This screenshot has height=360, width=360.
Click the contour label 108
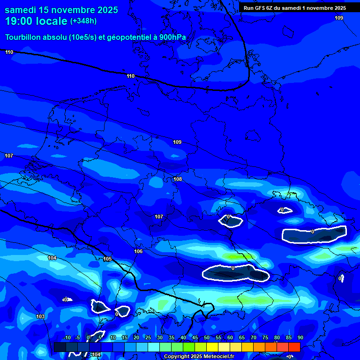click(x=178, y=179)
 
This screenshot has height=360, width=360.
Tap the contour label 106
click(x=138, y=252)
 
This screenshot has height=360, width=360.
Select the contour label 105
click(x=107, y=259)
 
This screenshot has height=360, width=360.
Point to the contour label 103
click(x=40, y=317)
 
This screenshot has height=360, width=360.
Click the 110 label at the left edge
click(x=9, y=52)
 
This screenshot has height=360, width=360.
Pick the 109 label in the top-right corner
click(x=339, y=18)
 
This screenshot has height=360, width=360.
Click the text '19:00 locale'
click(x=36, y=21)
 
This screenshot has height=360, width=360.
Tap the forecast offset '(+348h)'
click(x=83, y=21)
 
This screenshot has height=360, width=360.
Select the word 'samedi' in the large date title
click(x=22, y=10)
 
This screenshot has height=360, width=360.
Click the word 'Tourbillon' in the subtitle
click(x=23, y=37)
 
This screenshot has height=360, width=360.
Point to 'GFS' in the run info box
click(x=262, y=8)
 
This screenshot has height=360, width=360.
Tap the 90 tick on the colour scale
click(x=300, y=338)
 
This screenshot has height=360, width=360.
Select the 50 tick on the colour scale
click(x=207, y=338)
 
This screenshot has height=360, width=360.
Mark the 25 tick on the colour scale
click(x=148, y=338)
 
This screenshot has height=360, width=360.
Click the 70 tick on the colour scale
click(x=254, y=338)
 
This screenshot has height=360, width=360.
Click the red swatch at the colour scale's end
click(x=294, y=347)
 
